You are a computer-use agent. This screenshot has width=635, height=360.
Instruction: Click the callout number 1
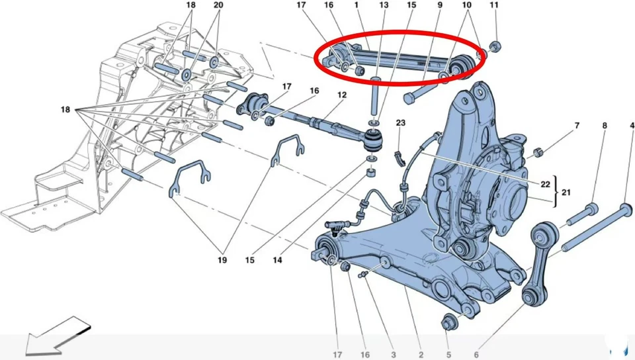click(356, 5)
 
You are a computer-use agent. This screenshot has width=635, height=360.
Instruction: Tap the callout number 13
click(384, 5)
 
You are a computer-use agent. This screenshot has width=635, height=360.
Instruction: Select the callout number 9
click(439, 5)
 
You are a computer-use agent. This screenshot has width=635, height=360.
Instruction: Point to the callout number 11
click(493, 5)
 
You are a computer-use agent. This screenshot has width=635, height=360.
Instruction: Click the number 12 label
click(341, 95)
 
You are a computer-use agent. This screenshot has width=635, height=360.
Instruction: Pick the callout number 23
click(401, 123)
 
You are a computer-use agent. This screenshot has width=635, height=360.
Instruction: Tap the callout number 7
click(576, 125)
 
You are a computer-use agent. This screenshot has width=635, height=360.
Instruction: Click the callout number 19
click(222, 261)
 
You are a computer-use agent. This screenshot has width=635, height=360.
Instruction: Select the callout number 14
click(277, 261)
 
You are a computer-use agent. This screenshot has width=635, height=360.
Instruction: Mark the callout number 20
click(219, 5)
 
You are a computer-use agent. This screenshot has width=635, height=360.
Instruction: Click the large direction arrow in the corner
click(56, 337)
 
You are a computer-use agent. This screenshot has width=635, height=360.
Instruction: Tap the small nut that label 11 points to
click(497, 46)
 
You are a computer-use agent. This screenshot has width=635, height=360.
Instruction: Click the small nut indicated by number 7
click(538, 152)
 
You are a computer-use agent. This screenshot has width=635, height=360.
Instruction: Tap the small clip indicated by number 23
click(398, 156)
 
